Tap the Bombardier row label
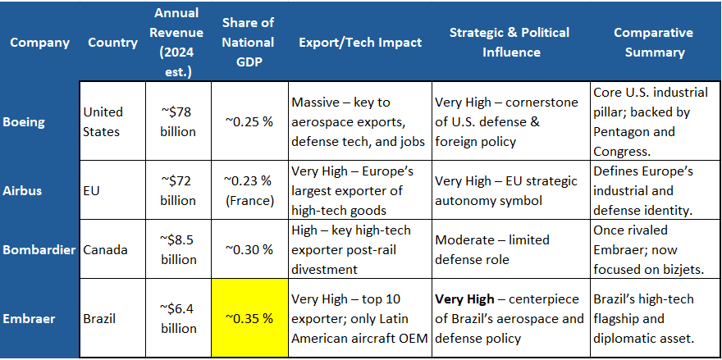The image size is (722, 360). pyautogui.click(x=40, y=248)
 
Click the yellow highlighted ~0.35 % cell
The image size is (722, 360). pyautogui.click(x=249, y=317)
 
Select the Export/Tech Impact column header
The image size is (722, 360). pyautogui.click(x=359, y=41)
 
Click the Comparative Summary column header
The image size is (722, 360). pyautogui.click(x=654, y=42)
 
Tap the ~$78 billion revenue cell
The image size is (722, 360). pyautogui.click(x=178, y=121)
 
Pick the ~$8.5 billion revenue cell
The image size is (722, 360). pyautogui.click(x=178, y=248)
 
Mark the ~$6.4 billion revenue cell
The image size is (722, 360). pyautogui.click(x=178, y=317)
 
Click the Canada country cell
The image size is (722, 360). pyautogui.click(x=106, y=248)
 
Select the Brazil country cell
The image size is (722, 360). pyautogui.click(x=102, y=317)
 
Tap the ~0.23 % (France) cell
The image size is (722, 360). pyautogui.click(x=249, y=190)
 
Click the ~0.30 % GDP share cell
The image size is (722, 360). pyautogui.click(x=249, y=248)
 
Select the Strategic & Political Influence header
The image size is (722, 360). pyautogui.click(x=509, y=42)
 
